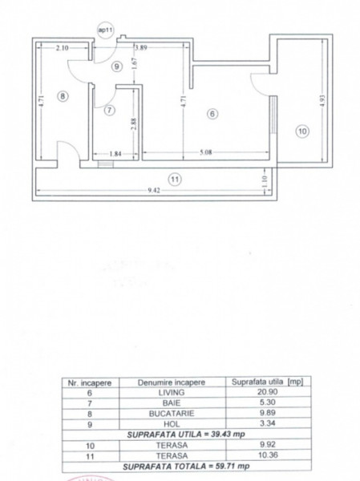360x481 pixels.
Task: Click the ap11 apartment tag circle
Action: (x=105, y=30)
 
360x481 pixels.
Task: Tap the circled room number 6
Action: (x=212, y=114)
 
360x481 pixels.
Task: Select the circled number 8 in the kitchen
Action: (x=63, y=96)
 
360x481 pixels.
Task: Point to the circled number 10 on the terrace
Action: (x=302, y=131)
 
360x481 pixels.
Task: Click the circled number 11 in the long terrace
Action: (x=175, y=179)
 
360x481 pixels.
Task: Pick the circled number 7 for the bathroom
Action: (x=110, y=110)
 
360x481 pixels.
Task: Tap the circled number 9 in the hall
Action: (x=116, y=67)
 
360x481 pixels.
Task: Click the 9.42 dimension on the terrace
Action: (x=154, y=191)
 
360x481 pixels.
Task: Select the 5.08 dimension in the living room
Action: (x=205, y=152)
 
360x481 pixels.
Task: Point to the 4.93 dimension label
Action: (x=322, y=100)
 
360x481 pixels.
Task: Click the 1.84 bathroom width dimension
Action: (x=115, y=154)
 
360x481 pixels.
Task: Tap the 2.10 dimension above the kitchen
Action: (x=63, y=48)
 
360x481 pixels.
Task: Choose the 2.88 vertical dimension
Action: (x=134, y=124)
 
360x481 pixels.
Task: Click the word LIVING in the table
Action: (x=172, y=392)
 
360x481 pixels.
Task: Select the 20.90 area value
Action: (x=267, y=392)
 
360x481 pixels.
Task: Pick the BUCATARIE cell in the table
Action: (x=172, y=414)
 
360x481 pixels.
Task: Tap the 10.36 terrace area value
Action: (x=268, y=455)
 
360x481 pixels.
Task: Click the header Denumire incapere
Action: (x=172, y=382)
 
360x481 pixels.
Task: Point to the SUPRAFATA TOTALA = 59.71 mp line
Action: (x=186, y=467)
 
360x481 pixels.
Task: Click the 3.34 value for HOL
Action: (x=267, y=423)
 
